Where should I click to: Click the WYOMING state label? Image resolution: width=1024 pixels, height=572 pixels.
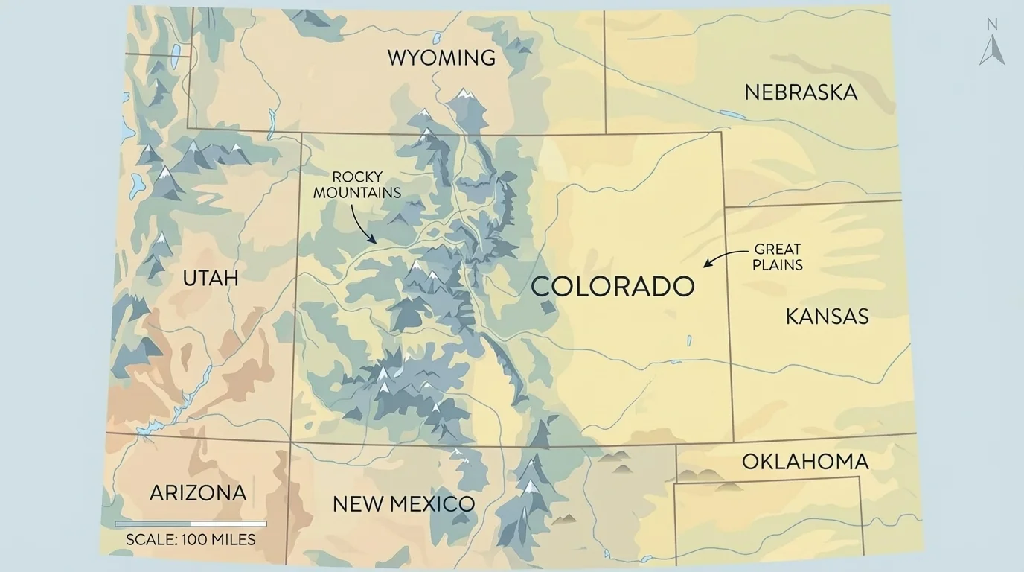pyautogui.click(x=441, y=57)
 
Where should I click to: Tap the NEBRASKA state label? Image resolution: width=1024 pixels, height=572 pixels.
pyautogui.click(x=801, y=92)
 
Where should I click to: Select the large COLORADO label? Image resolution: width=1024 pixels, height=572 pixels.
pyautogui.click(x=612, y=286)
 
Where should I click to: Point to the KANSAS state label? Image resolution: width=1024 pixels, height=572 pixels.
pyautogui.click(x=827, y=317)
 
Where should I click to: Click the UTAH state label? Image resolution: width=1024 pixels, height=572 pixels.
pyautogui.click(x=211, y=278)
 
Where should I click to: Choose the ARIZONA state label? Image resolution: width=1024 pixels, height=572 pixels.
pyautogui.click(x=198, y=492)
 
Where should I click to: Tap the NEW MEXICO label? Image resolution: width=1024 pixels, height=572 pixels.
pyautogui.click(x=403, y=503)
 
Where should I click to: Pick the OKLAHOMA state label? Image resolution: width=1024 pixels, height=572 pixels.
pyautogui.click(x=805, y=462)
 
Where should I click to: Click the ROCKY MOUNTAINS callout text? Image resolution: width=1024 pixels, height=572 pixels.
pyautogui.click(x=357, y=185)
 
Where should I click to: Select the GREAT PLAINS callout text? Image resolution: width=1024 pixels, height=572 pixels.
pyautogui.click(x=777, y=257)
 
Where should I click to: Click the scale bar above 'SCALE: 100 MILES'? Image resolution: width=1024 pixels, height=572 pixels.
pyautogui.click(x=191, y=524)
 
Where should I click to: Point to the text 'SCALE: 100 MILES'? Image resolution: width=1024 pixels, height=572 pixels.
pyautogui.click(x=191, y=540)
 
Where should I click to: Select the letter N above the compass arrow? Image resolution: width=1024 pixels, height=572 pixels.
pyautogui.click(x=992, y=25)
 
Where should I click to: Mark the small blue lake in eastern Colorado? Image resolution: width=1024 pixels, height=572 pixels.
pyautogui.click(x=688, y=340)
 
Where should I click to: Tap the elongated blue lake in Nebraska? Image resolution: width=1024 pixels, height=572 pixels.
pyautogui.click(x=732, y=115)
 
